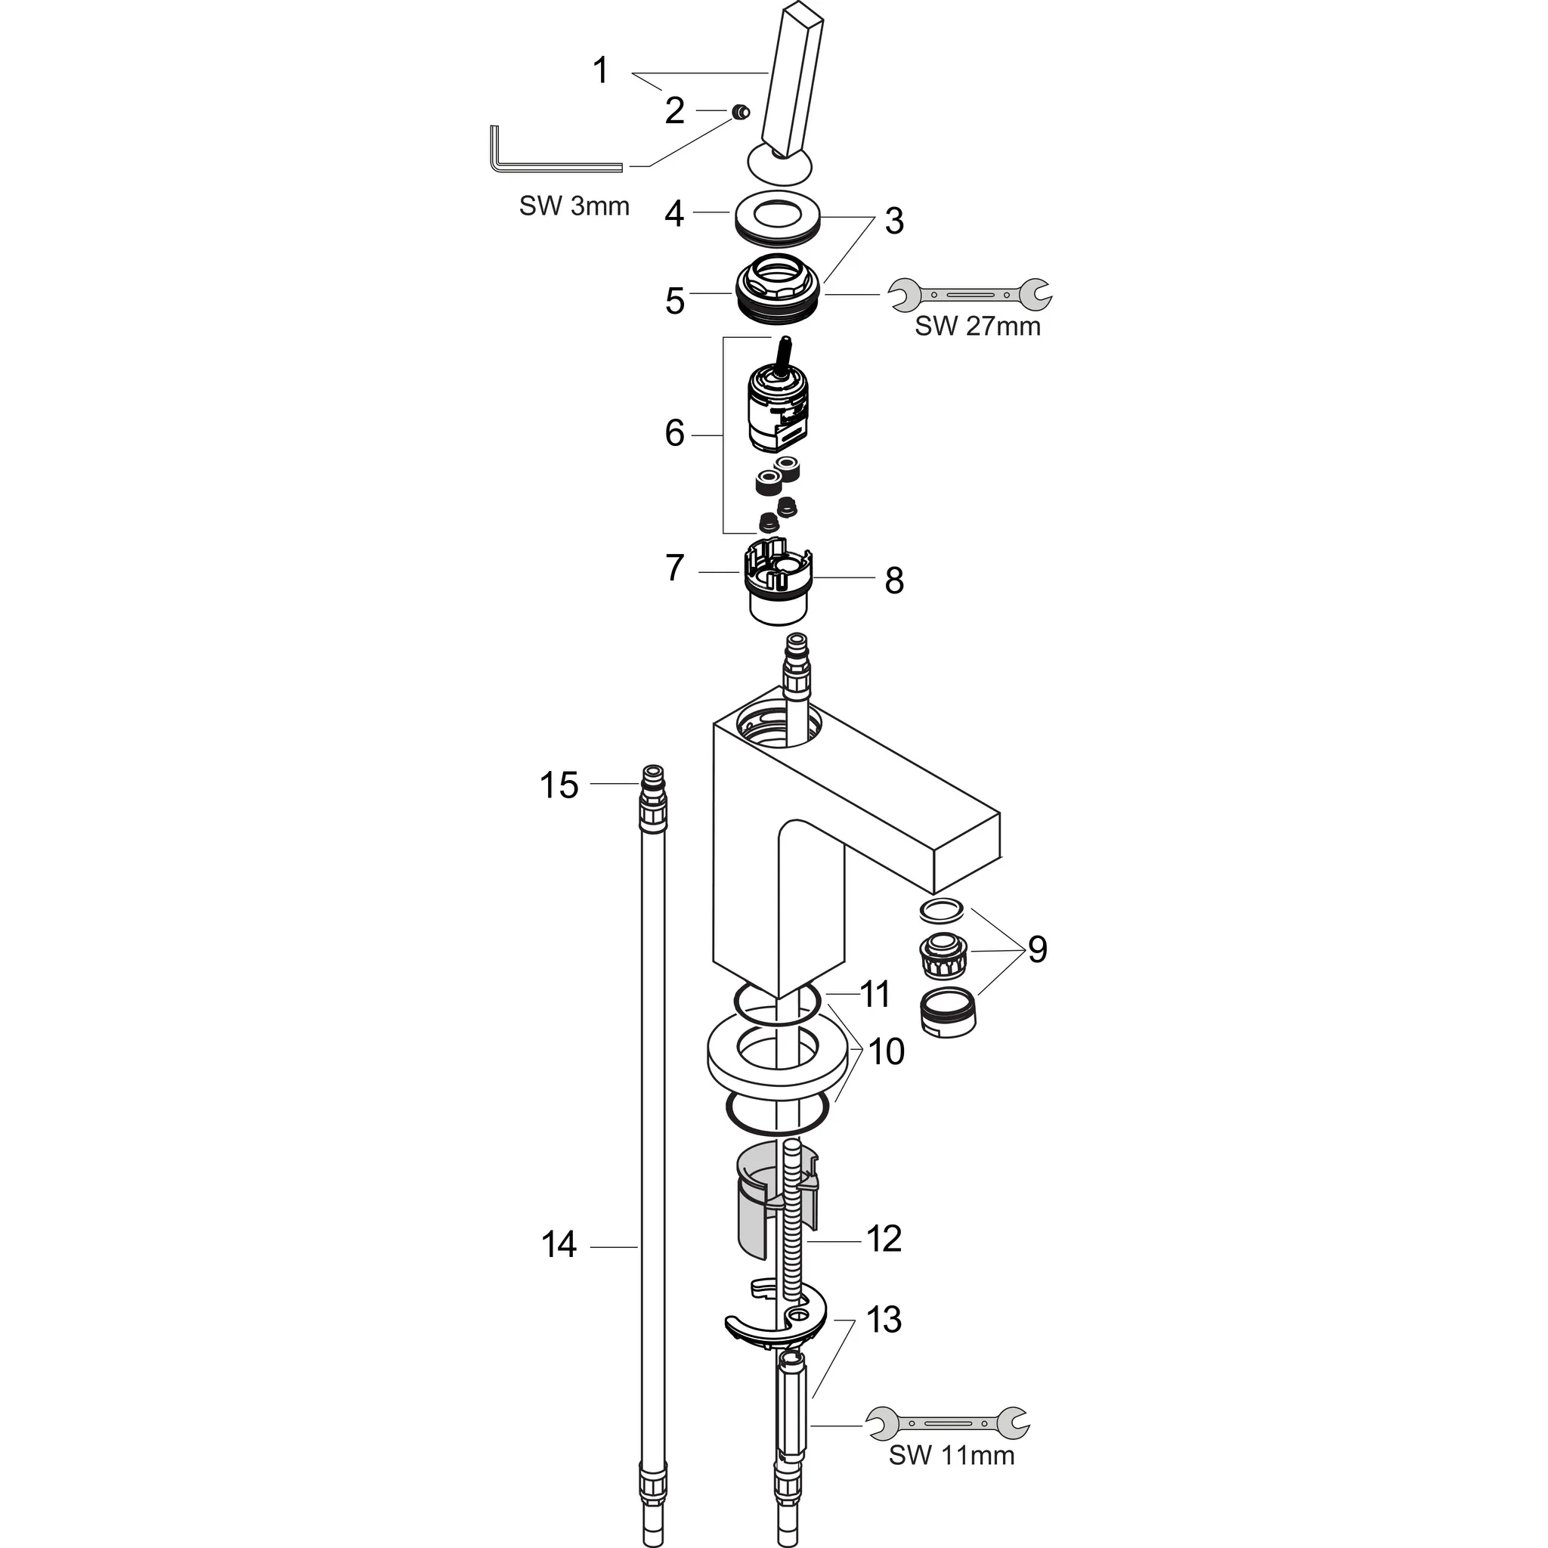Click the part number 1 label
[601, 70]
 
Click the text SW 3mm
[574, 206]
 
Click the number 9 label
[1037, 949]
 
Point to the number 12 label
[884, 1238]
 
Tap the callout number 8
[894, 581]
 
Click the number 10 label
[886, 1051]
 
